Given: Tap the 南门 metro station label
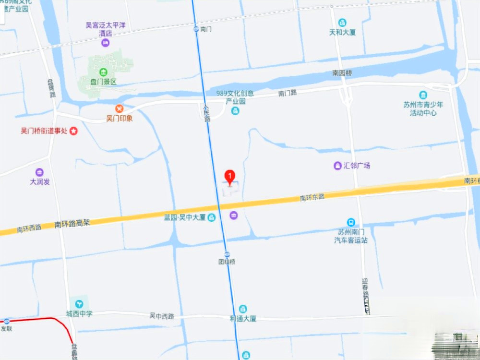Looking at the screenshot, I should tap(206, 29).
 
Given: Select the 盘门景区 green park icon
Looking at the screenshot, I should tap(103, 72).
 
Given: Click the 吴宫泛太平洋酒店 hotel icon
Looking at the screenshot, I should tap(106, 43).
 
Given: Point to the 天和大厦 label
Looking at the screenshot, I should tap(342, 33).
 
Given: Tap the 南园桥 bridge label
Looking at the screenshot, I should tap(342, 73).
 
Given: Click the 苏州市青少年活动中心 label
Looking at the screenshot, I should tap(423, 108).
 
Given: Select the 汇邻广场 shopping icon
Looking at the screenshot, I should tap(337, 166).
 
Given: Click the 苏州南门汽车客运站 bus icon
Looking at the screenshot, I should tap(351, 223).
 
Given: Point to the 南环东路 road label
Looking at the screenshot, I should tap(312, 197).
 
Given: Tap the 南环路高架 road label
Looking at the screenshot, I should tap(72, 223).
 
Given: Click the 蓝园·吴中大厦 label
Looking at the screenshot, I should tap(185, 217).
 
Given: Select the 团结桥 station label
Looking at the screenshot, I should tap(227, 262).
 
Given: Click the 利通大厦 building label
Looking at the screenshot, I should tap(243, 318).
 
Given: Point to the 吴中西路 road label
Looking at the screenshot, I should tap(161, 316).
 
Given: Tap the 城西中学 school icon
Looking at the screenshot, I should tap(79, 304).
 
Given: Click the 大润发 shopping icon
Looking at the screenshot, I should tap(39, 172).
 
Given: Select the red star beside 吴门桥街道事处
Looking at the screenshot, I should tap(73, 131).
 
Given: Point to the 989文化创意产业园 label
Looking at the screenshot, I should tap(235, 97).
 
